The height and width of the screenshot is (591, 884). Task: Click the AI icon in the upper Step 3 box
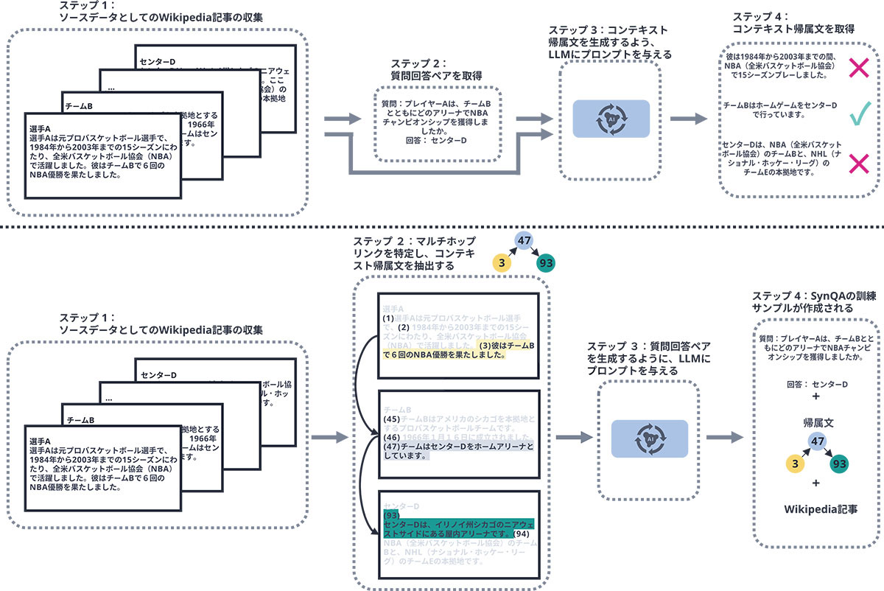(x=610, y=119)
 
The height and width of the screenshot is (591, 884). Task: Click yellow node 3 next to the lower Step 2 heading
(x=502, y=263)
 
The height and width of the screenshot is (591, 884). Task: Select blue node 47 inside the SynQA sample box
(x=815, y=441)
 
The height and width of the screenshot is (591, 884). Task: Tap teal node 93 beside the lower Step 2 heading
(x=546, y=263)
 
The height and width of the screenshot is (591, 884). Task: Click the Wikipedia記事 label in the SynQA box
(x=816, y=509)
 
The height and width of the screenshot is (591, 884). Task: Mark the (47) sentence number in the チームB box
(x=392, y=447)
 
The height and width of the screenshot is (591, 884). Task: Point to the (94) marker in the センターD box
(x=521, y=533)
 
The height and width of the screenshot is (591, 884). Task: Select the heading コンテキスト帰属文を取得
(x=793, y=28)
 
